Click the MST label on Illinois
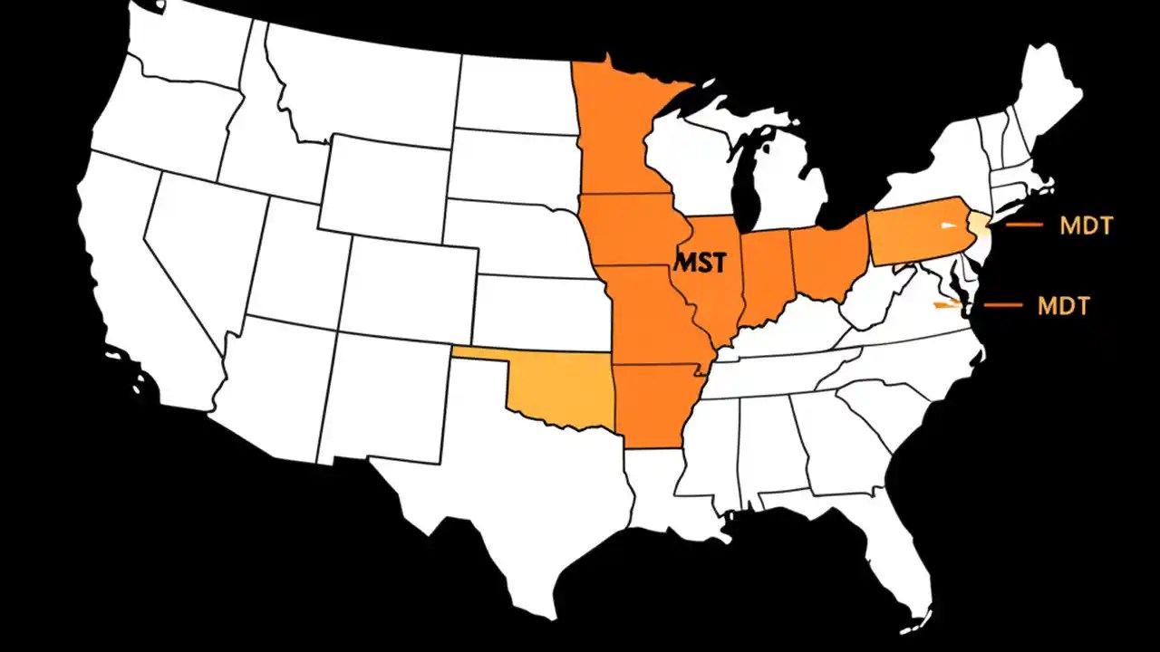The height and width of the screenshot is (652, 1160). click(701, 263)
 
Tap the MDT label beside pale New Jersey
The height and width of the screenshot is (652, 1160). click(1086, 225)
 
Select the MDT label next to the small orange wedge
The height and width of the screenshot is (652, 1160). click(1063, 306)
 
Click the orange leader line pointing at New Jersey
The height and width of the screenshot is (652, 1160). click(1024, 225)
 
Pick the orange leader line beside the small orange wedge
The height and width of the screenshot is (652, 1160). click(1002, 305)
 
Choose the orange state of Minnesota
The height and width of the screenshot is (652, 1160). click(616, 136)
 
